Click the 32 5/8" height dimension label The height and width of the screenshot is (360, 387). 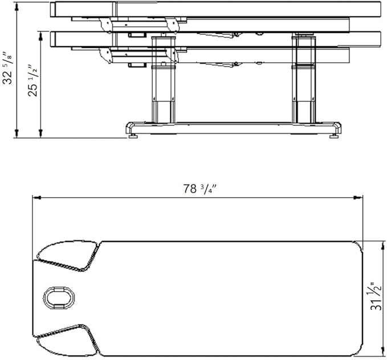(x=7, y=68)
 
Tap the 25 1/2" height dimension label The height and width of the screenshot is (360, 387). (x=33, y=81)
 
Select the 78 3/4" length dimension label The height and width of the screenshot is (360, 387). (x=199, y=189)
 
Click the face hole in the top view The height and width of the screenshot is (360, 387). (x=59, y=297)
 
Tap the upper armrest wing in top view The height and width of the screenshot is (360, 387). (x=68, y=256)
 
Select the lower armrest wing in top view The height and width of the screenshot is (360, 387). (x=68, y=340)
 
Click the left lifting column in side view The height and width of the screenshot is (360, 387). (x=163, y=80)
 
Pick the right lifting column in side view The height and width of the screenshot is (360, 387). (x=303, y=80)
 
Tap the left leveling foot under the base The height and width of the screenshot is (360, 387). (x=133, y=136)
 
